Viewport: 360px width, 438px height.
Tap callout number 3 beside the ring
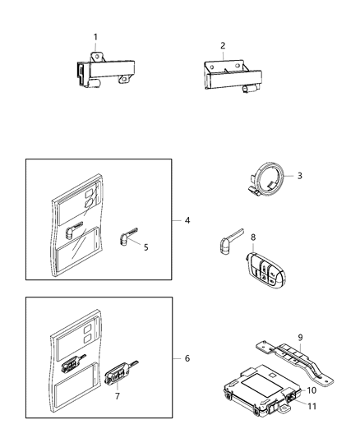click(299, 176)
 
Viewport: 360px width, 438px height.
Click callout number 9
click(300, 336)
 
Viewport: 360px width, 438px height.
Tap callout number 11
click(312, 405)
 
